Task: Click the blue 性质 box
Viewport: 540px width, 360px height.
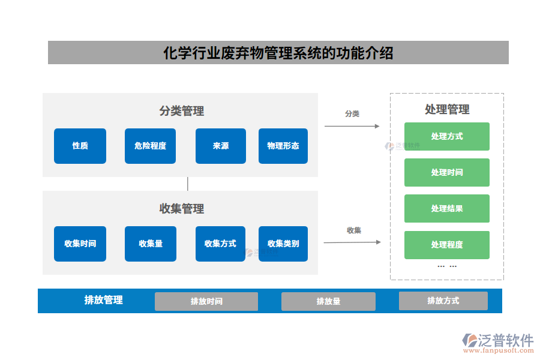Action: [80, 146]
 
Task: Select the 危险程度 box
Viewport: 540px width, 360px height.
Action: [151, 146]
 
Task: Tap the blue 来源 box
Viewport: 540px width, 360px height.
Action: [221, 146]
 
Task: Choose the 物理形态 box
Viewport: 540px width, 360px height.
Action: [283, 146]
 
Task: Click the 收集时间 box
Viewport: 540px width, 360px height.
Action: [80, 244]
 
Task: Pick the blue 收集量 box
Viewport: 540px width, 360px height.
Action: [151, 244]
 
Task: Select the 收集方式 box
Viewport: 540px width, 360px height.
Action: [221, 244]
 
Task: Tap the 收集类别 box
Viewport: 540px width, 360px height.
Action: [283, 244]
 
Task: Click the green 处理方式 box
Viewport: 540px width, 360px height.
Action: [447, 137]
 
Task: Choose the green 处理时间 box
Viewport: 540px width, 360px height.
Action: [447, 173]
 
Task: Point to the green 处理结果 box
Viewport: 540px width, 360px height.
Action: [447, 209]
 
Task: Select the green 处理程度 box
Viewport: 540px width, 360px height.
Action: [447, 245]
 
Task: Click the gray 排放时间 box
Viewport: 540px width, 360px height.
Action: [206, 301]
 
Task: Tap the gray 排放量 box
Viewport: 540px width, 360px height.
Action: [328, 301]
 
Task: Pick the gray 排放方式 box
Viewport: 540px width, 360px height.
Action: [443, 301]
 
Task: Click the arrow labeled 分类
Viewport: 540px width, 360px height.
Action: [352, 126]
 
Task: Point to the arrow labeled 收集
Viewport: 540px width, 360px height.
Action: [352, 242]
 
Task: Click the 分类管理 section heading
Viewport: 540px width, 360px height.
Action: [182, 111]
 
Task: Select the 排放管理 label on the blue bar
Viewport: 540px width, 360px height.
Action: [104, 300]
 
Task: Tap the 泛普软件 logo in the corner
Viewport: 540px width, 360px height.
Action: [498, 342]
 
